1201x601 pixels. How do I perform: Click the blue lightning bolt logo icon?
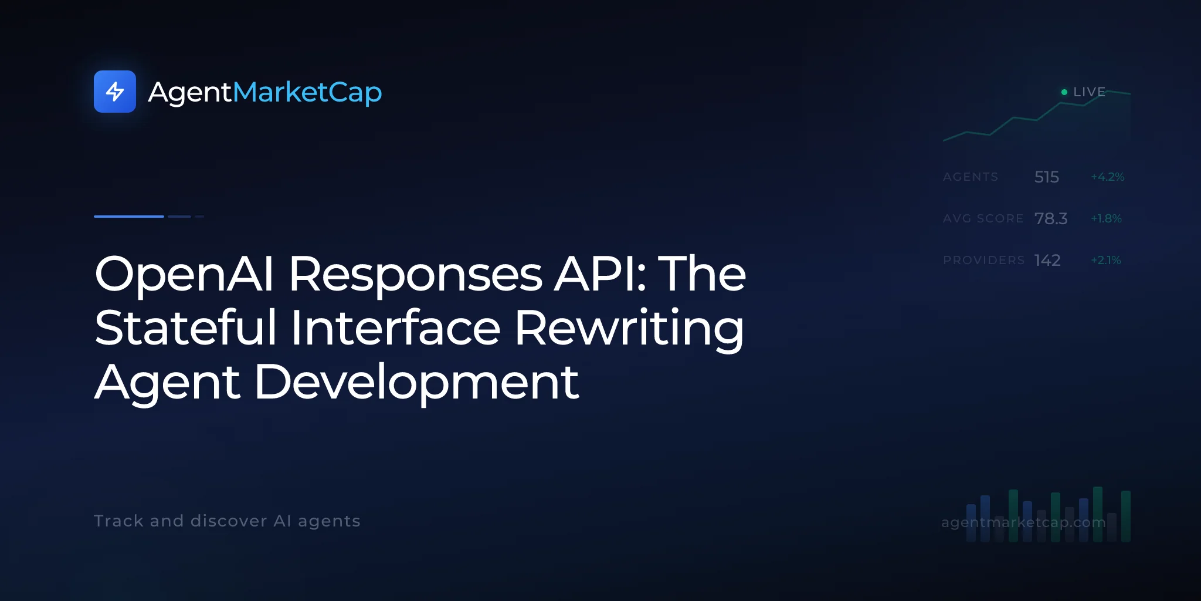tap(115, 92)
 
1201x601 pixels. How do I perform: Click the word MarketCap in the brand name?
tap(307, 93)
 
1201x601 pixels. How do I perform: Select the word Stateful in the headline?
tap(185, 327)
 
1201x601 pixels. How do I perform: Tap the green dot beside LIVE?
tap(1064, 92)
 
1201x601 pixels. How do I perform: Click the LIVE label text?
tap(1089, 92)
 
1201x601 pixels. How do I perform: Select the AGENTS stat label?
tap(971, 177)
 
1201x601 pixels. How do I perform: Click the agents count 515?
tap(1047, 177)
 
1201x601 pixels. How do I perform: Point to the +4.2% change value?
tap(1107, 177)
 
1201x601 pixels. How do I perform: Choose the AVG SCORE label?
tap(983, 218)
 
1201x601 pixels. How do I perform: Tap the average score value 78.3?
tap(1051, 218)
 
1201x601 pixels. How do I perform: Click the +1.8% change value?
tap(1106, 218)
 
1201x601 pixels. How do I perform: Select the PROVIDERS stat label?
tap(983, 260)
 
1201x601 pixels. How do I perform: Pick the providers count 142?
tap(1047, 260)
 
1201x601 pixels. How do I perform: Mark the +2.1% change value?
tap(1105, 260)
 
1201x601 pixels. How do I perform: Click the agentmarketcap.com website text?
tap(1023, 522)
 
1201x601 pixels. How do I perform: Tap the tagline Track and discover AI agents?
tap(227, 521)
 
